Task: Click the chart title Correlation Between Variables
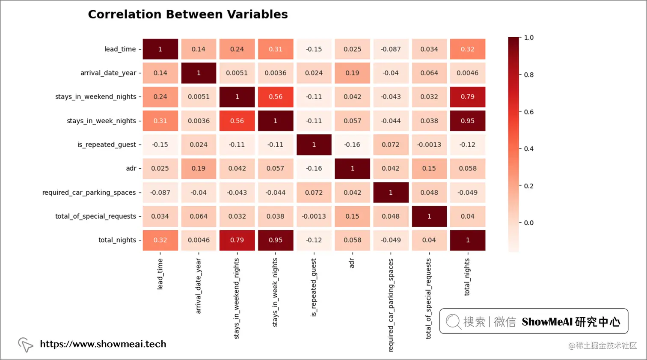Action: pos(188,15)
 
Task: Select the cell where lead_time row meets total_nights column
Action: pos(468,49)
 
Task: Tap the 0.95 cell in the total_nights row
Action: pos(276,240)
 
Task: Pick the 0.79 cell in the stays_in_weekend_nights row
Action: pos(468,97)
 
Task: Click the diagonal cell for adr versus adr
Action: pos(352,169)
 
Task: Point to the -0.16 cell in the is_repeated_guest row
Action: pos(352,145)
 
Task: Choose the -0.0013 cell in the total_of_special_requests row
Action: pos(314,216)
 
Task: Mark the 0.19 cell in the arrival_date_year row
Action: pos(352,73)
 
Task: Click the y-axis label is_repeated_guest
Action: pos(107,145)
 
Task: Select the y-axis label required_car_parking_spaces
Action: pos(89,193)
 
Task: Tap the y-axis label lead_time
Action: pos(120,49)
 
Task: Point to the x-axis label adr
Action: pos(352,263)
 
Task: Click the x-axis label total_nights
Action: pos(467,277)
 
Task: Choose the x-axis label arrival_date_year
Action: pos(198,286)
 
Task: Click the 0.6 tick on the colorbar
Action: pos(529,112)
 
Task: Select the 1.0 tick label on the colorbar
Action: pos(529,38)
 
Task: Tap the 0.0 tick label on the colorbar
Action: pos(529,223)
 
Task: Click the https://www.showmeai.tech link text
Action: pos(103,344)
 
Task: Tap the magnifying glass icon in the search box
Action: pos(453,321)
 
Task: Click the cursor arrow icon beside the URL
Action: pos(25,345)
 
